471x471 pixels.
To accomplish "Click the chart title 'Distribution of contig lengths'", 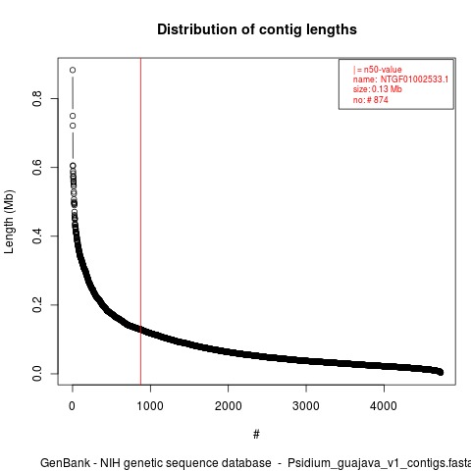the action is click(257, 29).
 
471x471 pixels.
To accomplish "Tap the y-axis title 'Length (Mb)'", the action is click(9, 222).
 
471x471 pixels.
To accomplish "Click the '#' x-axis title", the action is click(256, 434).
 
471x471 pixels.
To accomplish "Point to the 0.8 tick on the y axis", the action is click(37, 98).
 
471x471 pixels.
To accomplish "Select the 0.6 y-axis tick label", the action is click(37, 167).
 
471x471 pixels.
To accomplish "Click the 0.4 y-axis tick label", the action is click(37, 235).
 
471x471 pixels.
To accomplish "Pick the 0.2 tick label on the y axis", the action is click(37, 305).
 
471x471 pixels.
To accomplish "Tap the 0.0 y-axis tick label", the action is click(37, 374).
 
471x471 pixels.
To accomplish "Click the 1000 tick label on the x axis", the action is click(150, 406).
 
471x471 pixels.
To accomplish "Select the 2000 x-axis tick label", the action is click(228, 406).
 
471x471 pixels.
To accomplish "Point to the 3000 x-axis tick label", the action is click(306, 406).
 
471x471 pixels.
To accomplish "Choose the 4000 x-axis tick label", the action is click(384, 406).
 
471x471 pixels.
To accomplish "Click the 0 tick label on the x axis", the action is click(73, 406).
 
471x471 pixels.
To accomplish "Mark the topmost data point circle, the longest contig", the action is click(73, 70).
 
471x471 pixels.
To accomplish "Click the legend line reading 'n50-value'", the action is click(378, 70).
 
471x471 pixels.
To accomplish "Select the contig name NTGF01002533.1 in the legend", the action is click(414, 79).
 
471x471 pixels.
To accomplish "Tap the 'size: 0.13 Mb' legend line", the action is click(378, 89).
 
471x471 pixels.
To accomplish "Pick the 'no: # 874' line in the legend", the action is click(371, 100).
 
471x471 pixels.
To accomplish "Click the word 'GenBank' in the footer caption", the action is click(65, 463).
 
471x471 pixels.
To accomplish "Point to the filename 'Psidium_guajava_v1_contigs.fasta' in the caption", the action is click(380, 463).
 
